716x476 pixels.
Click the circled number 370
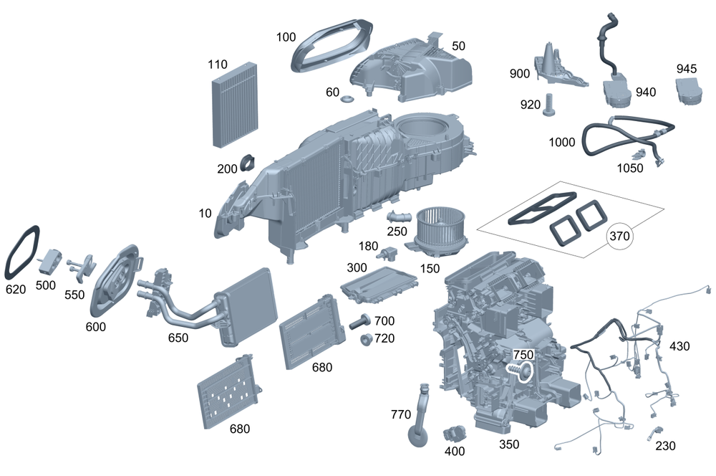(621, 236)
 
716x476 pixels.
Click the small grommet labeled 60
(348, 98)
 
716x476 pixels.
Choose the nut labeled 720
(365, 338)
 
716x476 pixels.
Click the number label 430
(679, 346)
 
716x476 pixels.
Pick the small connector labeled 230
(654, 432)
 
